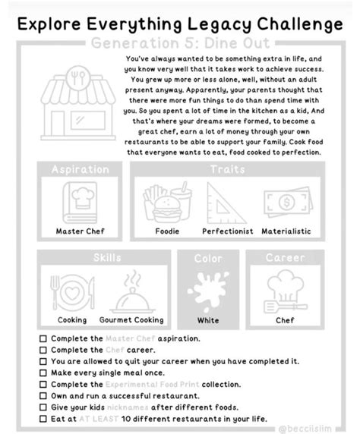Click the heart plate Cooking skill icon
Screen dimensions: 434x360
(x=72, y=292)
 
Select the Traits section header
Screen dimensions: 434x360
(x=227, y=169)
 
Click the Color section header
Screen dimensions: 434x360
(x=208, y=259)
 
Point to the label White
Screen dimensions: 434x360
(x=208, y=320)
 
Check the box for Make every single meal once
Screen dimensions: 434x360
(x=43, y=373)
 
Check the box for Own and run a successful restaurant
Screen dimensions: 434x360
(x=43, y=396)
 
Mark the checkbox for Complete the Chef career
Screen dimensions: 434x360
(x=43, y=350)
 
